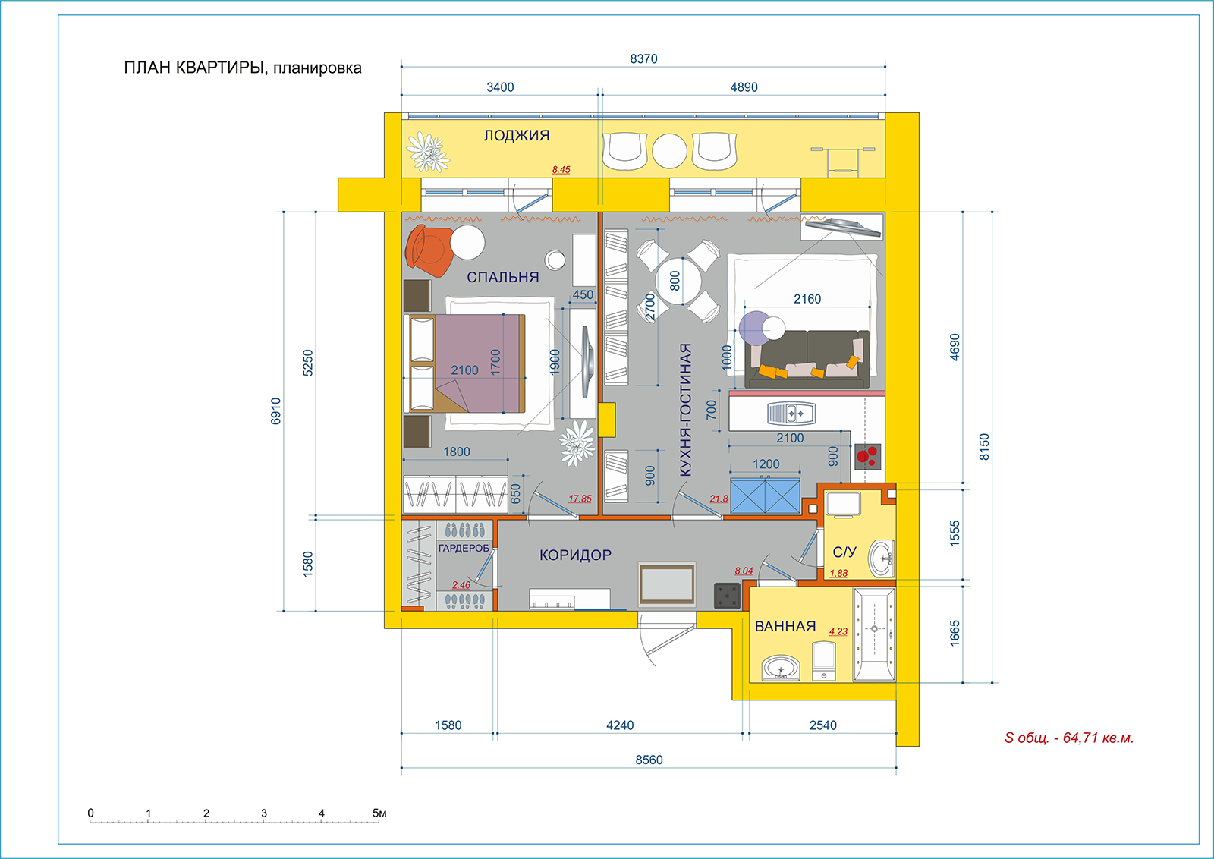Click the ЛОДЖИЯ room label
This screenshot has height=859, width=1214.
click(x=517, y=136)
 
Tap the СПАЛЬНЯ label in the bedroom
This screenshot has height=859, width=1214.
click(x=503, y=277)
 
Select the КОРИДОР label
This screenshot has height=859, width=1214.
click(x=576, y=555)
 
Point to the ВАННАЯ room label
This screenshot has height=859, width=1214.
click(x=785, y=627)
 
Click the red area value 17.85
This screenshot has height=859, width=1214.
click(x=580, y=499)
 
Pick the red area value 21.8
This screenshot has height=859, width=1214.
click(x=719, y=499)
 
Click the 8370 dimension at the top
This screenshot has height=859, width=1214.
click(x=643, y=58)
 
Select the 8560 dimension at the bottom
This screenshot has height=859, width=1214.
click(x=649, y=760)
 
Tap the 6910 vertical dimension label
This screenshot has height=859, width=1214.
click(x=276, y=411)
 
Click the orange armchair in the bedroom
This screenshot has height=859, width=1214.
click(x=429, y=251)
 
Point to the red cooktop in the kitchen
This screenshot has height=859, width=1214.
click(x=868, y=456)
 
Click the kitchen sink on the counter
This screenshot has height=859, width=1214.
click(x=791, y=414)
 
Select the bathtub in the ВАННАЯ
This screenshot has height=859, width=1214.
click(x=873, y=634)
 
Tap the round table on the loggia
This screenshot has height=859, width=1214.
click(x=669, y=151)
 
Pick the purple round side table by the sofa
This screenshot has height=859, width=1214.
click(x=756, y=328)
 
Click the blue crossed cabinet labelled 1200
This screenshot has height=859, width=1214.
click(x=765, y=496)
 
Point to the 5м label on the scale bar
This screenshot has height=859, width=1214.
click(x=379, y=813)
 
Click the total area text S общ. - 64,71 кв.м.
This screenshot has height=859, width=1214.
click(x=1069, y=738)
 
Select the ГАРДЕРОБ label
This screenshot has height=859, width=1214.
click(x=464, y=548)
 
